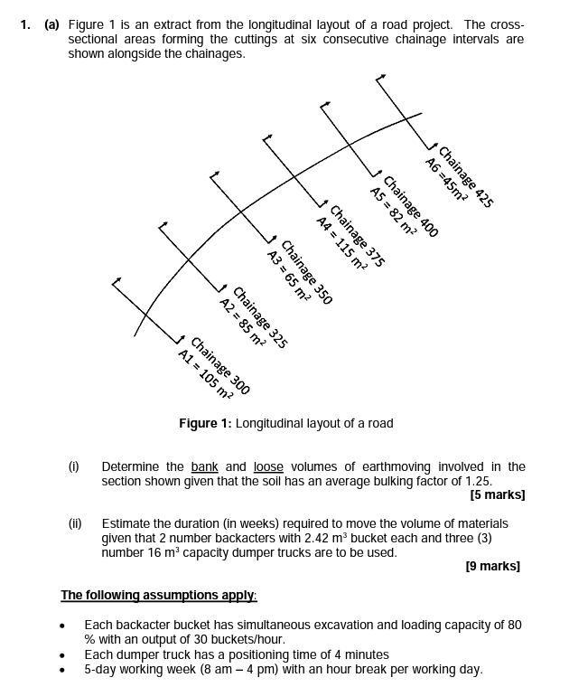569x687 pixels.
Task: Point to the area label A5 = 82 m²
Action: point(394,210)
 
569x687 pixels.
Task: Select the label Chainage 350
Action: point(308,271)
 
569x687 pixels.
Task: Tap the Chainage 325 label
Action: point(260,317)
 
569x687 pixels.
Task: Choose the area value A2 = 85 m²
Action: point(242,322)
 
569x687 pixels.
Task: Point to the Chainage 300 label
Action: point(220,365)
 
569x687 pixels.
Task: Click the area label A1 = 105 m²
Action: point(205,372)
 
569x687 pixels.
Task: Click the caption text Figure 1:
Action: point(205,423)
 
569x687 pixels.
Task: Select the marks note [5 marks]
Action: point(498,495)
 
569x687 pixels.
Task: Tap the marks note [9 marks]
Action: point(493,566)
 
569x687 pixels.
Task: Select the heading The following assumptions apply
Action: point(159,595)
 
